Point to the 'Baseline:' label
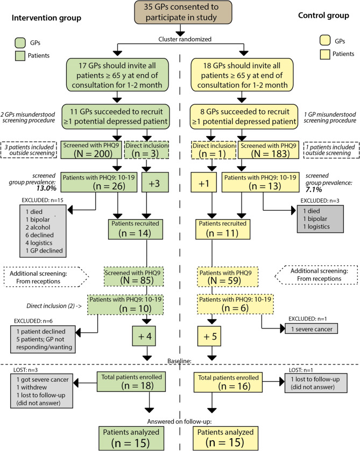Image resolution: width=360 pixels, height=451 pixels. pyautogui.click(x=179, y=359)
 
